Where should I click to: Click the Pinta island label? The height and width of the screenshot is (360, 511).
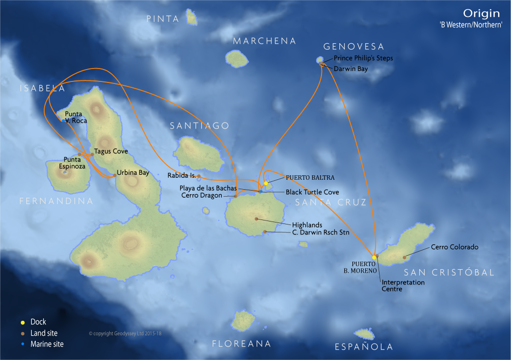tap(163, 19)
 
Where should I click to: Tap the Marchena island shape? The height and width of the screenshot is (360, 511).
tap(237, 59)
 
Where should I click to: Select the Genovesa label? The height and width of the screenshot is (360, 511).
tap(354, 47)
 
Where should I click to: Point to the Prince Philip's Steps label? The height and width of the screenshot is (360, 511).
tap(363, 58)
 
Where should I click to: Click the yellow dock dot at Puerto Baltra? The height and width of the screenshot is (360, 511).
tap(266, 183)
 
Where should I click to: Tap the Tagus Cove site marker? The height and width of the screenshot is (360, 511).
tap(92, 154)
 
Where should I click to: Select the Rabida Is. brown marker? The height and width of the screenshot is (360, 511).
tap(198, 176)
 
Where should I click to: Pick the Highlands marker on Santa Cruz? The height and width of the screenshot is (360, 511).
tap(256, 218)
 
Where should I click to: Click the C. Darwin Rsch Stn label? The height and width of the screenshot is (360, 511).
tap(320, 232)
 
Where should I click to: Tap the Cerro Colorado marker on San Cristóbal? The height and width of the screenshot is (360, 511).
tap(405, 257)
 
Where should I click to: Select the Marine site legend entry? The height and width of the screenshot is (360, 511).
tap(47, 344)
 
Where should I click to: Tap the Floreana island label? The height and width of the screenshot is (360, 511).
tap(242, 344)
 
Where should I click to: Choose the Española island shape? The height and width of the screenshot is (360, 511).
tap(366, 333)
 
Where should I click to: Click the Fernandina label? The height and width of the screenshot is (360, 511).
tap(56, 201)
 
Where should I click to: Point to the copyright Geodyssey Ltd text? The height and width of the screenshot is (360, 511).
tap(126, 334)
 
